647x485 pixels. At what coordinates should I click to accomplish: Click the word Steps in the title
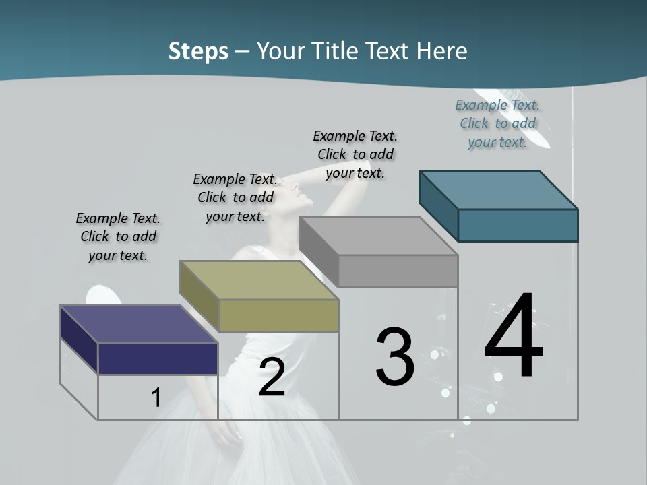click(x=198, y=51)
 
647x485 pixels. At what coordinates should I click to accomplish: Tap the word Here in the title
click(x=441, y=51)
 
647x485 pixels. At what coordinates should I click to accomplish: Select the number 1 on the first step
click(x=156, y=397)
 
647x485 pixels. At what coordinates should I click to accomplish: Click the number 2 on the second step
click(x=272, y=377)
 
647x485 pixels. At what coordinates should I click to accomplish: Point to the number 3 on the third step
click(x=395, y=357)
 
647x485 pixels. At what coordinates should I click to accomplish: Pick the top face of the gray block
click(x=377, y=235)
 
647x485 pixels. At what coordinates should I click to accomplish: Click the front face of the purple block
click(x=158, y=358)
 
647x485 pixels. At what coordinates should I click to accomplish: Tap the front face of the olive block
click(x=278, y=315)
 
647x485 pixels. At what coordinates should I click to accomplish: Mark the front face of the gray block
click(x=398, y=271)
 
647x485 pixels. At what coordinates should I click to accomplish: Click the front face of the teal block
click(x=518, y=225)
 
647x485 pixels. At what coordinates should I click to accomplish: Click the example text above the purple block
click(x=118, y=236)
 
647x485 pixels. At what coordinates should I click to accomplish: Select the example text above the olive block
click(x=235, y=197)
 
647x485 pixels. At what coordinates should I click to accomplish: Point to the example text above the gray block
click(x=355, y=154)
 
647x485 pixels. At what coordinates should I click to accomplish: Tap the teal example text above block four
click(x=497, y=123)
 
